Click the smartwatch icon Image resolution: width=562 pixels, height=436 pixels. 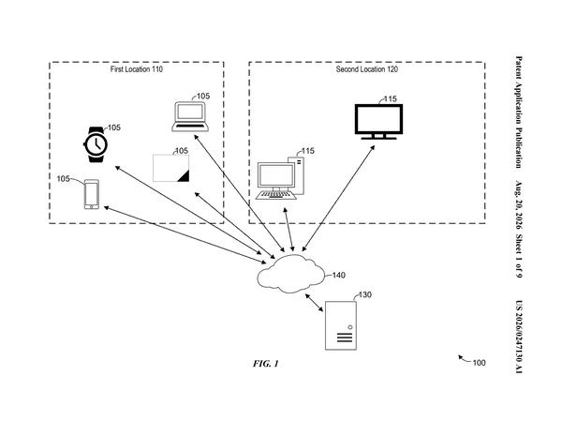point(96,144)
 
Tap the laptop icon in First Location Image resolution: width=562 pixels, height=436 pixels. point(190,116)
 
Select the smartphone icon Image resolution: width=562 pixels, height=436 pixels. point(92,194)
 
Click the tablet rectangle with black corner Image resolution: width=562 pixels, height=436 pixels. point(171,168)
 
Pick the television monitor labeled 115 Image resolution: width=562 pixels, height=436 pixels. point(378,121)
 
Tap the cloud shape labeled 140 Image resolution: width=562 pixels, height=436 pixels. point(291,274)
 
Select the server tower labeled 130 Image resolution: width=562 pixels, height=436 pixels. point(341,325)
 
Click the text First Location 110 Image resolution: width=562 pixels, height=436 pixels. point(136,69)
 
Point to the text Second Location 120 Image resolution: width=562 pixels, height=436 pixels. point(366,69)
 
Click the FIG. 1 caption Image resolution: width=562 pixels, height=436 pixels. point(266,364)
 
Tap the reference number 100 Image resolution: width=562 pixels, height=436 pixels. point(479,363)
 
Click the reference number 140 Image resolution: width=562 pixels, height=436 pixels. point(339,276)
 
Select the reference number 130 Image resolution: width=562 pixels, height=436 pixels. point(365,295)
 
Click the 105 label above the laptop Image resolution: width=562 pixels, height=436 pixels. point(203,97)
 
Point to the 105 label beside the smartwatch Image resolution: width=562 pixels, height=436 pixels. point(114,128)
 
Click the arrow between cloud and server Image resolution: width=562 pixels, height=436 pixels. point(314,303)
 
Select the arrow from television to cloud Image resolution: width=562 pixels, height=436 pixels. point(338,198)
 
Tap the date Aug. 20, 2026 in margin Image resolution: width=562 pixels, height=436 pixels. point(519,204)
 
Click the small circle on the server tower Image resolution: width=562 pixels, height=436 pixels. point(350,327)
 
